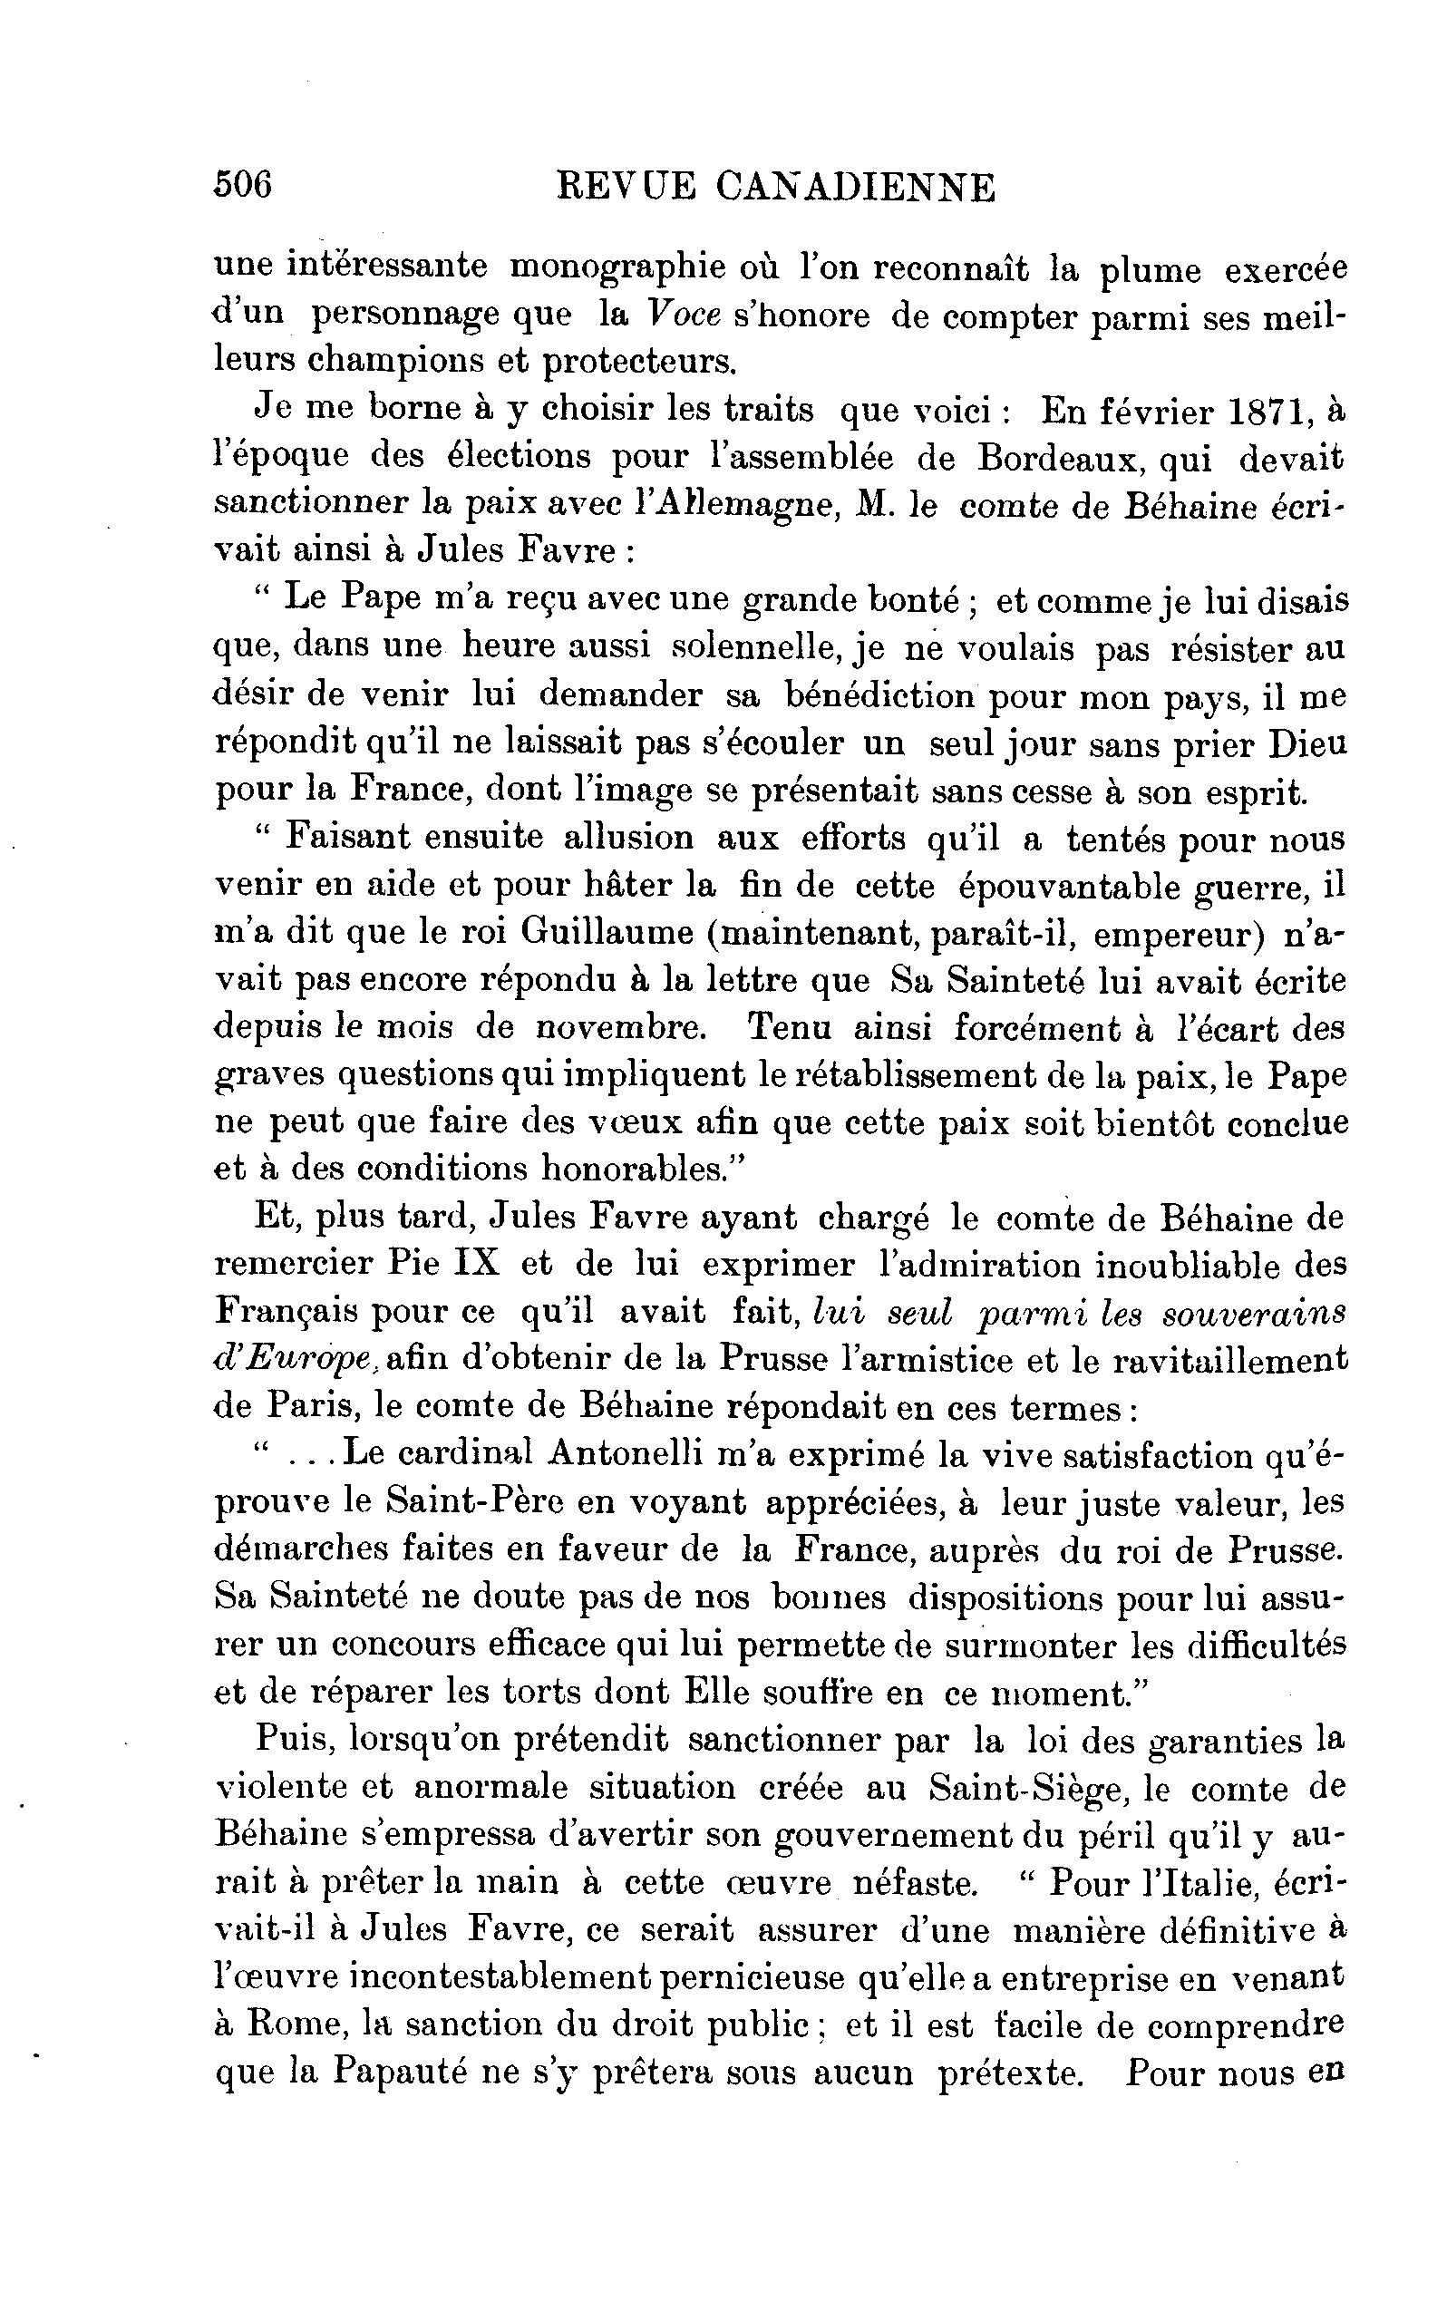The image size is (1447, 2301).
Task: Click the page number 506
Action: tap(244, 183)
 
